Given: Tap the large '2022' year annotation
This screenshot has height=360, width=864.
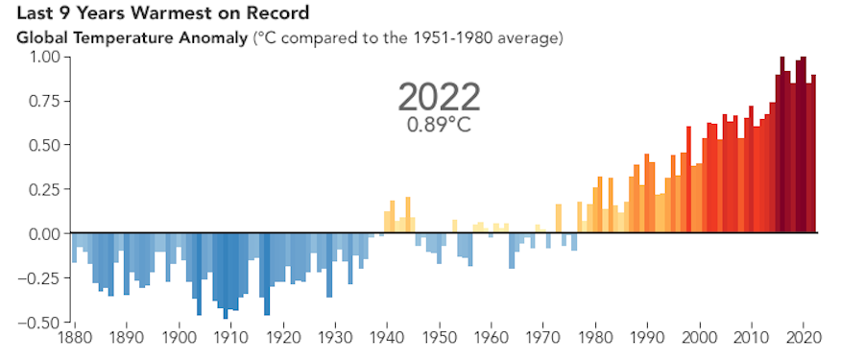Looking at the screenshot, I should (439, 97).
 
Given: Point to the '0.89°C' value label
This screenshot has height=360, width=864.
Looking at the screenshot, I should (439, 124).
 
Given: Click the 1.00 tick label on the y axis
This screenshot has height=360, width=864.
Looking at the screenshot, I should (43, 57).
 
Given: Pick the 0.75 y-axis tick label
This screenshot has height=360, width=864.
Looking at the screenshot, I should (43, 101).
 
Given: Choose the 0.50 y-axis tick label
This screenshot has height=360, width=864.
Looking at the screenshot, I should (43, 145).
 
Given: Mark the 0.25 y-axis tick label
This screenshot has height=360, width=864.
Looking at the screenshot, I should (43, 189).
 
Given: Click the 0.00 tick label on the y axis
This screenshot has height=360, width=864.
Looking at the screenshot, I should (43, 233).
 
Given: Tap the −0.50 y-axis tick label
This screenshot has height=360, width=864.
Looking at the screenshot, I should (40, 322).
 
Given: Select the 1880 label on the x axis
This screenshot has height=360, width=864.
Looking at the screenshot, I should (75, 338).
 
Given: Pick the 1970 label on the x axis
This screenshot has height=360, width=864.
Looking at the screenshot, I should (542, 338).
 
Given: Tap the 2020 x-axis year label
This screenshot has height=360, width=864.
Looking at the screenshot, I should (803, 338).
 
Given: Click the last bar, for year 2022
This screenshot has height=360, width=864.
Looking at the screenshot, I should (813, 154).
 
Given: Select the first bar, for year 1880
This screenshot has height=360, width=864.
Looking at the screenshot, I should (75, 248).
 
